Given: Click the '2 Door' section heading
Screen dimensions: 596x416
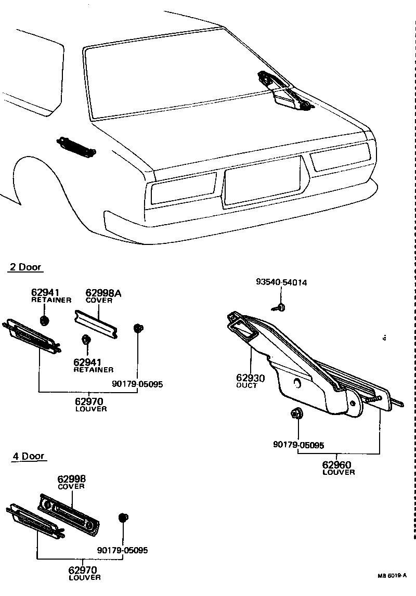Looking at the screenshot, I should [25, 267].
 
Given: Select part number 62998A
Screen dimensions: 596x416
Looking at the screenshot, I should [103, 293].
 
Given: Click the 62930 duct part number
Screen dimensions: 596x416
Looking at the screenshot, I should [251, 378].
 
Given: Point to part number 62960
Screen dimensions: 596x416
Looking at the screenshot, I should [336, 464].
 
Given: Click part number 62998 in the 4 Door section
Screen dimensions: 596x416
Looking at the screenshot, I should [71, 478].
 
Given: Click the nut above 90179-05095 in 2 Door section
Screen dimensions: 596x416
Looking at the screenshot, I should [138, 328].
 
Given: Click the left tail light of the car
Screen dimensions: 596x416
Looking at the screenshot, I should [182, 188].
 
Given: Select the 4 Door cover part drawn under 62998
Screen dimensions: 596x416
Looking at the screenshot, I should [70, 514].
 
